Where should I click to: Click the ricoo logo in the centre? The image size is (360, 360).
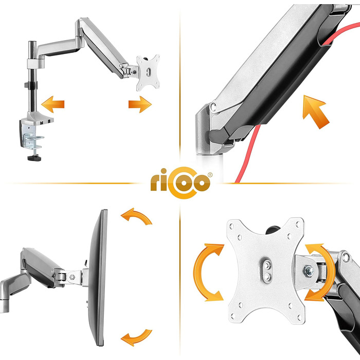pos(181,183)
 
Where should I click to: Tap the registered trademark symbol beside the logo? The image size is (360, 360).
pos(210,175)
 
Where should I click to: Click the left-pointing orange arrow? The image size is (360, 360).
pos(53,104)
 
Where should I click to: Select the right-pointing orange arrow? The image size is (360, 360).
pos(140,104)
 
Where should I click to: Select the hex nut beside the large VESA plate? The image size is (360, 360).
pos(309,271)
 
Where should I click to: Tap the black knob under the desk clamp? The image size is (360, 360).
pos(34,158)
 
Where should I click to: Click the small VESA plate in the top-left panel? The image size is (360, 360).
pos(148,73)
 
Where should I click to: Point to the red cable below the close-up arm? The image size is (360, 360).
pos(248,154)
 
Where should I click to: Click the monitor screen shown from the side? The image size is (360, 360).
pos(98,277)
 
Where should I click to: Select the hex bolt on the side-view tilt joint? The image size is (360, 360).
pos(72,277)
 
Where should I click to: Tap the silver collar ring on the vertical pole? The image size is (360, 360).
pos(35,64)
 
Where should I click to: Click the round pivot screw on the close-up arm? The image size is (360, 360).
pos(213,106)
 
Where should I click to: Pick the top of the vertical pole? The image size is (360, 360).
pos(32,42)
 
